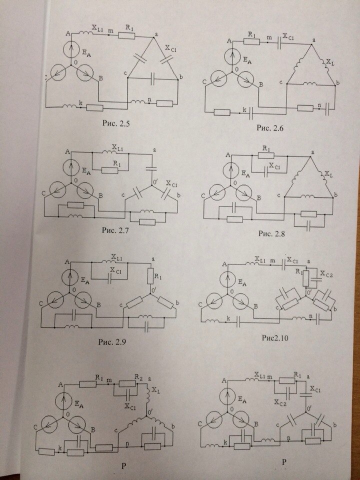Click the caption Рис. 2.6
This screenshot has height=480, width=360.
point(270,128)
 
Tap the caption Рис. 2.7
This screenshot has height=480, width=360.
point(115,230)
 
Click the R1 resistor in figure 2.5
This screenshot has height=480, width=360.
point(126,36)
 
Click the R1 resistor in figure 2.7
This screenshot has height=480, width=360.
point(110,170)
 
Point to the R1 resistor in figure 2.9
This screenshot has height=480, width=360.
point(150,276)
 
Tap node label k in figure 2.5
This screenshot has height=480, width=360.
point(80,103)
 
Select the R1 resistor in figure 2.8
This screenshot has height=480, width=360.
point(266,155)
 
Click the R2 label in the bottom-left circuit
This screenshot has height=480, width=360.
point(140,378)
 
